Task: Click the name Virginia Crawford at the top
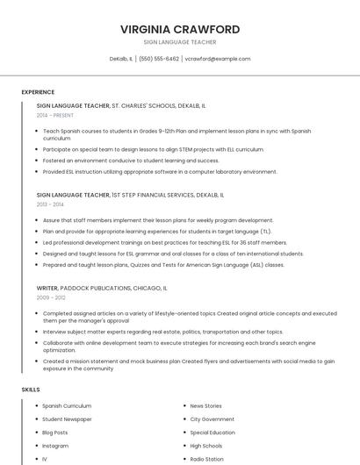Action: tap(180, 29)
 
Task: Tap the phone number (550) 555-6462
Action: tap(159, 59)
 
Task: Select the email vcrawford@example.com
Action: tap(218, 59)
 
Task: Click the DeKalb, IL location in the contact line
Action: tap(121, 59)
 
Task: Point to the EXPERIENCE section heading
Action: tap(38, 92)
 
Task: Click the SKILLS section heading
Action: tap(31, 389)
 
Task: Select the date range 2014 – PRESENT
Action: tap(55, 115)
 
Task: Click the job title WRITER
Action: tap(47, 287)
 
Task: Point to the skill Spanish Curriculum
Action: tap(67, 406)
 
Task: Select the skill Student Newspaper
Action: tap(67, 419)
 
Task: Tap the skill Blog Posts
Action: tap(55, 433)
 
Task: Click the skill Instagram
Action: tap(55, 446)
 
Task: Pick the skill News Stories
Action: tap(205, 406)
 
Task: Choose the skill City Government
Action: tap(212, 419)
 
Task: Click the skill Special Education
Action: tap(212, 433)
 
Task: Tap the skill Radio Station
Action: tap(207, 459)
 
